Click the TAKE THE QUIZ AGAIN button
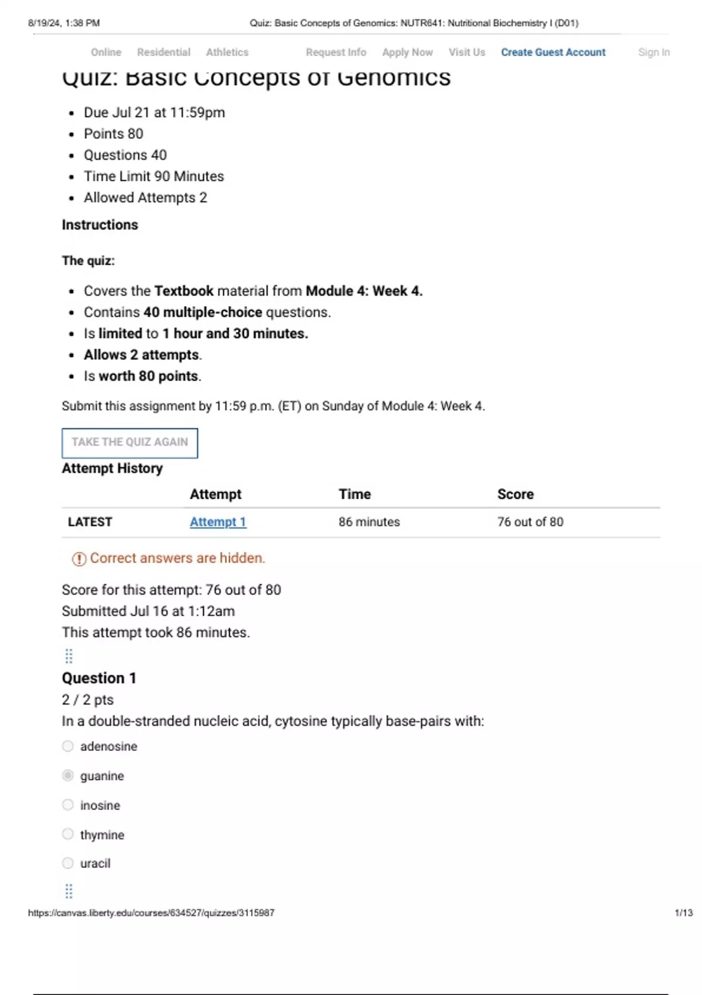[x=130, y=442]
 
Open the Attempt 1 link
[x=218, y=521]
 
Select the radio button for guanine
[x=68, y=776]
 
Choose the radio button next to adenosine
[x=68, y=746]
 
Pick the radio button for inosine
[x=68, y=805]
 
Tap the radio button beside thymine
[x=68, y=834]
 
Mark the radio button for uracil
[x=68, y=863]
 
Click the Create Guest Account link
[x=553, y=52]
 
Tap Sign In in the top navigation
[x=653, y=52]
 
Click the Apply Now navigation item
[x=407, y=52]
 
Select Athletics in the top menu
[x=227, y=52]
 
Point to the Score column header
[x=515, y=494]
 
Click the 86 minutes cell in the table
[x=369, y=521]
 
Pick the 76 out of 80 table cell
[x=530, y=521]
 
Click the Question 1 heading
[x=99, y=678]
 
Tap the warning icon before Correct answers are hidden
[x=78, y=559]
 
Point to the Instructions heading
[x=100, y=225]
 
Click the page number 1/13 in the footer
[x=683, y=912]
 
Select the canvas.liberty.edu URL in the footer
[x=151, y=912]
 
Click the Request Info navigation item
[x=336, y=52]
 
